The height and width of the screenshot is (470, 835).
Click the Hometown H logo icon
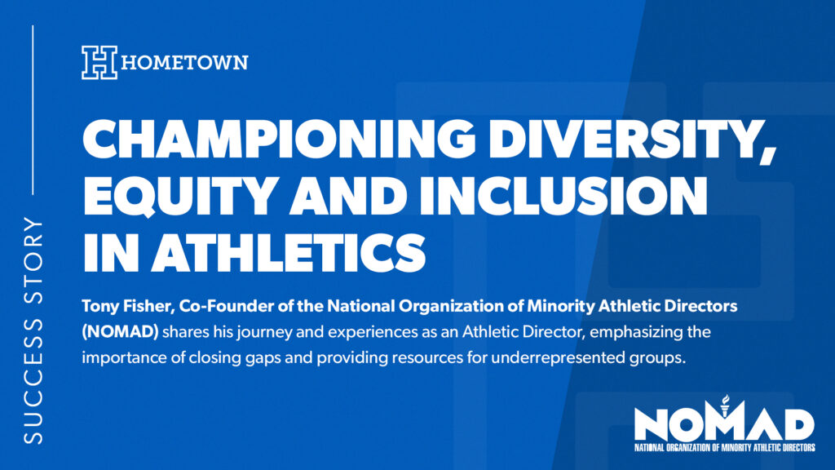[x=99, y=63]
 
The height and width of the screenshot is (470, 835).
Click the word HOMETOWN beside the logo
[x=185, y=63]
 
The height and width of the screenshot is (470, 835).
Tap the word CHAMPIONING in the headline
[x=279, y=139]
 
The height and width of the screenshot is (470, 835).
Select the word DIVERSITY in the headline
[x=633, y=140]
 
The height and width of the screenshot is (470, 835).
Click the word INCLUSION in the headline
[x=563, y=196]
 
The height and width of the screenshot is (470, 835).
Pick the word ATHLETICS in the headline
[x=289, y=251]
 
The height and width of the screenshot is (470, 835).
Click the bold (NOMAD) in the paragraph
[x=120, y=332]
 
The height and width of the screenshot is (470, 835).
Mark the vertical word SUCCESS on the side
[x=33, y=380]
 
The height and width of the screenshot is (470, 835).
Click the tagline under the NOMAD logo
[x=724, y=448]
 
